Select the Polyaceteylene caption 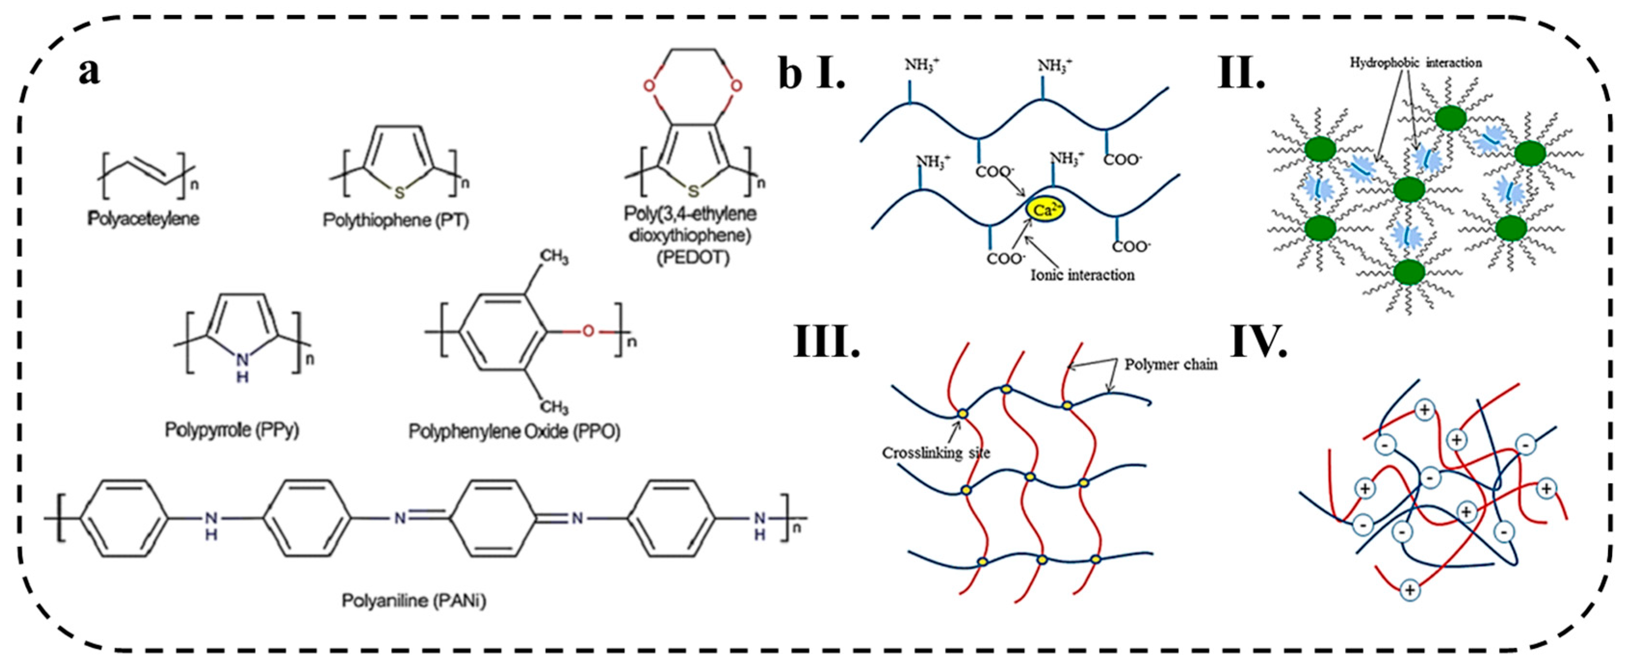click(x=144, y=219)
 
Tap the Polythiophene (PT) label click(x=396, y=220)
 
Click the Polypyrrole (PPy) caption click(x=232, y=430)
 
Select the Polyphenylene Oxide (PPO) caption click(x=514, y=431)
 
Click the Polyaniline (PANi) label click(x=414, y=601)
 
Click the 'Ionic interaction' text click(x=1083, y=275)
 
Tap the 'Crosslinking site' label click(x=936, y=453)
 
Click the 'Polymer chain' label click(x=1171, y=365)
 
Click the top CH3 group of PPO click(x=554, y=257)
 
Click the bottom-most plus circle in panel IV click(x=1409, y=590)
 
